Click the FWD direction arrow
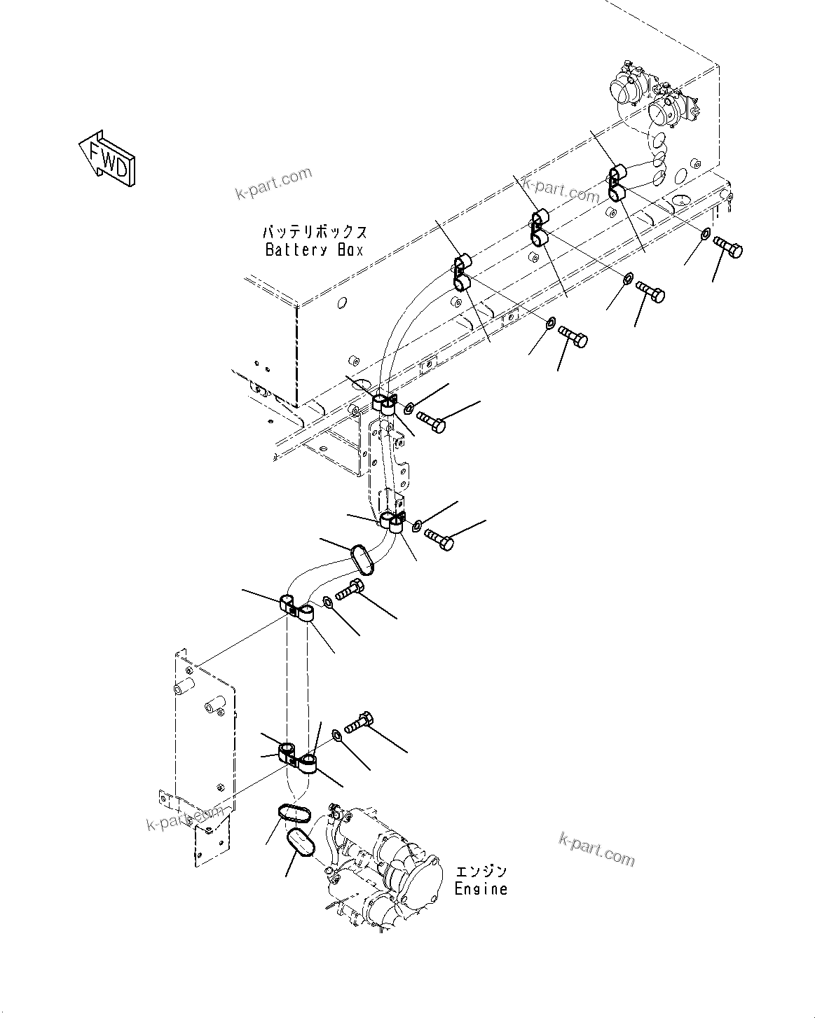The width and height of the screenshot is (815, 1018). coord(107,158)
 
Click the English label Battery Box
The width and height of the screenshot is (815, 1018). coord(314,250)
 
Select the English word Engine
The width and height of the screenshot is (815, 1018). coord(480,889)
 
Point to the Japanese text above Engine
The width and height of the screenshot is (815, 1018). coord(481,872)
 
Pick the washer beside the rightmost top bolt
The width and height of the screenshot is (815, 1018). coord(706,234)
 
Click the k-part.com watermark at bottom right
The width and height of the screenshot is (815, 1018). coord(596,848)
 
